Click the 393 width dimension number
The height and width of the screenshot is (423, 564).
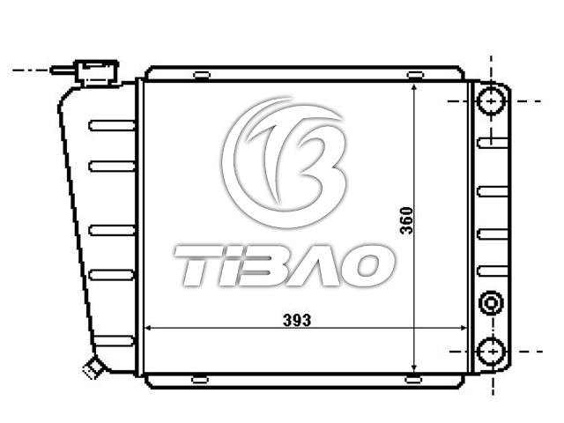click(x=297, y=320)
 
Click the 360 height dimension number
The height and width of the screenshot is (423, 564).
click(x=406, y=220)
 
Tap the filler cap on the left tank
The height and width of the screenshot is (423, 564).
click(x=96, y=73)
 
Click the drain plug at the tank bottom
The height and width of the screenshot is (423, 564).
click(x=92, y=367)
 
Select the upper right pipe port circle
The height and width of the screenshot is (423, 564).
click(x=492, y=101)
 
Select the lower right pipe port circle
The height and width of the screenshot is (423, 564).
click(x=492, y=352)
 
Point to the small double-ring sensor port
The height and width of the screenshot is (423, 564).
click(x=491, y=303)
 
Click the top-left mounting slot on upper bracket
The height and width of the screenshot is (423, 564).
click(x=202, y=75)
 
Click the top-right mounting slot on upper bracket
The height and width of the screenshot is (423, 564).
click(x=415, y=75)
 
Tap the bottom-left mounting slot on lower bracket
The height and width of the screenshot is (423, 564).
click(x=200, y=380)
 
